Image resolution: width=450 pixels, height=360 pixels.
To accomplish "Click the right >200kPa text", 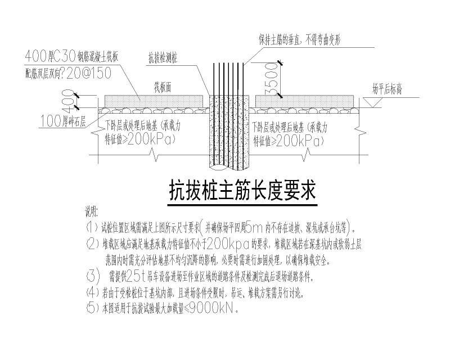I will point(299,141).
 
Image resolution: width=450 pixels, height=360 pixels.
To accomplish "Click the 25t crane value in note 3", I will point(137,277).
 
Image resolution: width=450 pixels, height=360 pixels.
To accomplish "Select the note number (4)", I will point(92,292).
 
